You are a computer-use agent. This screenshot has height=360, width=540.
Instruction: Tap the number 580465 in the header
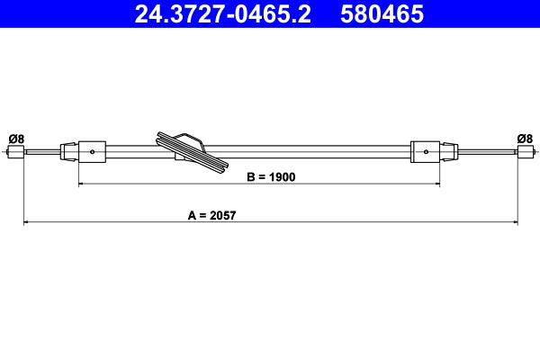point(382,13)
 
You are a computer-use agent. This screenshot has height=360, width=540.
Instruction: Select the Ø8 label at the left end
point(16,138)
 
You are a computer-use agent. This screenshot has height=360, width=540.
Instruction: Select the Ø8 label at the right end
point(525,138)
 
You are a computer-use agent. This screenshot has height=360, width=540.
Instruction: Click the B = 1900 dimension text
point(271,177)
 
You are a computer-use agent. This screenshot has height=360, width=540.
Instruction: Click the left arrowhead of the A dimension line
point(26,221)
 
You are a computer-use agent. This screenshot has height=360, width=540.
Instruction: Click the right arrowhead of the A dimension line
point(515,221)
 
